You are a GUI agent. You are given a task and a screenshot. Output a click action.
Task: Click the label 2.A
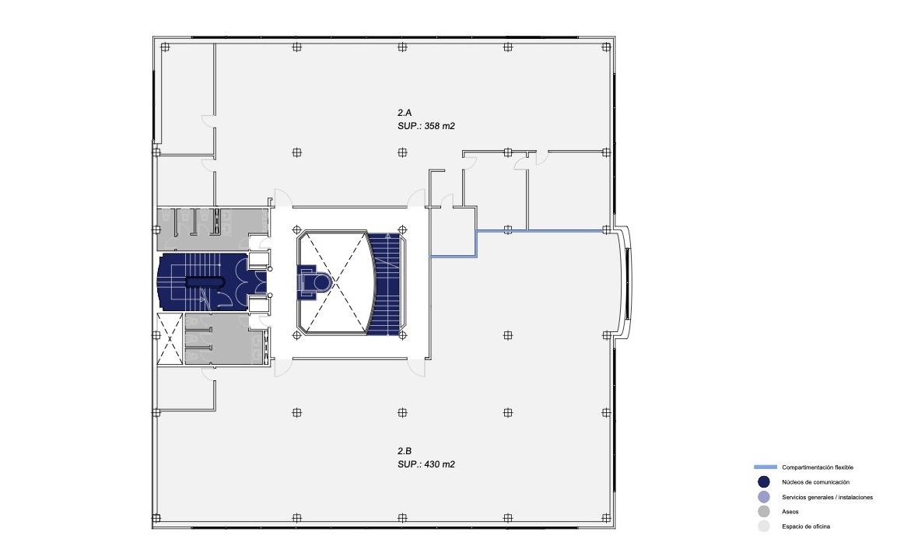(405, 113)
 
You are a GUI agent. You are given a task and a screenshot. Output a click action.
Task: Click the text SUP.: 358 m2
(426, 125)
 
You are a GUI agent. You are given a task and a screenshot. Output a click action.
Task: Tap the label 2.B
(405, 451)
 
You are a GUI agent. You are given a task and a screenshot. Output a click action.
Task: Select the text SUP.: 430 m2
(426, 464)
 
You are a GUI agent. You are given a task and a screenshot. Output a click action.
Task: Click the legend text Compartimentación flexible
(817, 467)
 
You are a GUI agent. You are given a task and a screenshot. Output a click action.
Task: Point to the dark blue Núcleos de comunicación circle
(764, 482)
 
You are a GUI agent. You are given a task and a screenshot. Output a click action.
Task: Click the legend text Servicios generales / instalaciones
(827, 497)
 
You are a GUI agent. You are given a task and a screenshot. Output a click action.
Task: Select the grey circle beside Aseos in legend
(764, 512)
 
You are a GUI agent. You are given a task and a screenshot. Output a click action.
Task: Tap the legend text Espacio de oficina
(805, 527)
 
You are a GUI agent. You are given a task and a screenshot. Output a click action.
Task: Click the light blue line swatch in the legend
(765, 467)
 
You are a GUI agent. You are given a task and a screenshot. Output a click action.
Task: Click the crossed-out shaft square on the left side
(170, 338)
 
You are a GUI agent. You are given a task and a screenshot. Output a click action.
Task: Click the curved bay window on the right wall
(625, 282)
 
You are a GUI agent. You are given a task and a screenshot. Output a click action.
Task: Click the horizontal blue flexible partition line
(541, 231)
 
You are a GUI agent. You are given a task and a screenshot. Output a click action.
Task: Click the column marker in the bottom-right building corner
(606, 518)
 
